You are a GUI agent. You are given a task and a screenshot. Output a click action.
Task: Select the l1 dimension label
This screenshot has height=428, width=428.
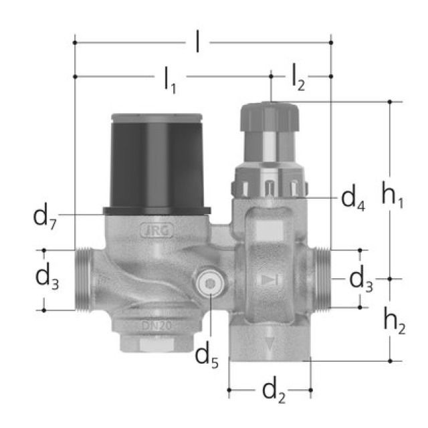pos(170,80)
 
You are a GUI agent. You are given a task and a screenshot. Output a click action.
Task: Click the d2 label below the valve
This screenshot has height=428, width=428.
pos(270,390)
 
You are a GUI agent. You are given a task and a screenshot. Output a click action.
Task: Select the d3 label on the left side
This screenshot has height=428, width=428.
pos(47,279)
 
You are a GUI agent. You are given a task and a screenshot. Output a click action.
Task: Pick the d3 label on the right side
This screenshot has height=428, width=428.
pos(361,279)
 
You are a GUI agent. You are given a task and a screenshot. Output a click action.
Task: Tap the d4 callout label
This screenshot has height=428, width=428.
pos(353,197)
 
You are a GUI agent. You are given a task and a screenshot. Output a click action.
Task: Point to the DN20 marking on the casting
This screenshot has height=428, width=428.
pos(155,325)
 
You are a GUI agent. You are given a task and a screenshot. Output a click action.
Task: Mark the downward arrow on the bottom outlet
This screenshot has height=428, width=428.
pos(270,344)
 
